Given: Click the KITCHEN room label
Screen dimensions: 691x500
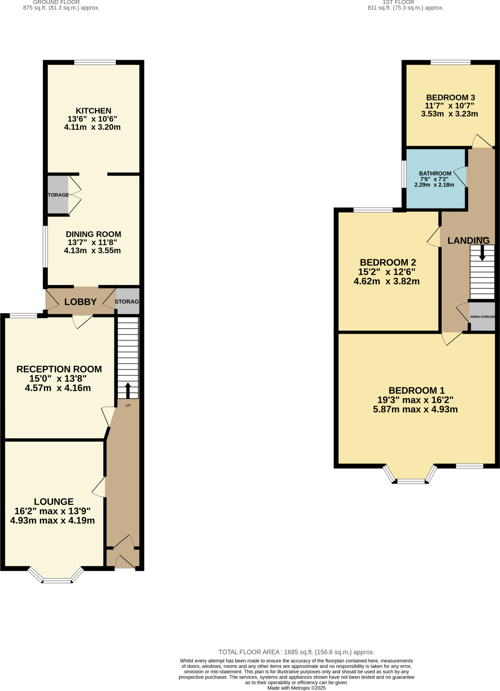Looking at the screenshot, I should [93, 111].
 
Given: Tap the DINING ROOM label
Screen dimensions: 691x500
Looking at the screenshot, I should [93, 234].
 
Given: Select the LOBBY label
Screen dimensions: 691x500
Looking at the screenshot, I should [81, 302].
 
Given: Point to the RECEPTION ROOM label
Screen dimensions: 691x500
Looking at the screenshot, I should [59, 369].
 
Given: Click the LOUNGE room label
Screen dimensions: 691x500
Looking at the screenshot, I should [54, 502].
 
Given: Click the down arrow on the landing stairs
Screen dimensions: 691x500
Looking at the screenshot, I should [482, 253].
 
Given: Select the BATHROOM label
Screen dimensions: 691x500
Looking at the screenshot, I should [435, 173].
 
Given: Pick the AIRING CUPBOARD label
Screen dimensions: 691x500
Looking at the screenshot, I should [482, 317].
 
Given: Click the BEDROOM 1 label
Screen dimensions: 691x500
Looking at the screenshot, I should [417, 390].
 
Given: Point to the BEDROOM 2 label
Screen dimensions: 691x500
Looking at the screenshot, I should [388, 262].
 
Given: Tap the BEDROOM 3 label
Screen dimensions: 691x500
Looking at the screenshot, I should [450, 98].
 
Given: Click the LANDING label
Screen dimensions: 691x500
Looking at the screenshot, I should [468, 241].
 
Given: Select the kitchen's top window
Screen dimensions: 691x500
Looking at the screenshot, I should [95, 62].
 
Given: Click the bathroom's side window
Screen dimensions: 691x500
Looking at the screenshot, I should [404, 174].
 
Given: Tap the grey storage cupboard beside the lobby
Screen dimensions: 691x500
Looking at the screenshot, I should [128, 301].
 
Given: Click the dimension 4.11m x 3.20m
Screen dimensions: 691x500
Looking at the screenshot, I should [92, 127].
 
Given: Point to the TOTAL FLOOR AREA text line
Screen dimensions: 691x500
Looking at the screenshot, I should [296, 652].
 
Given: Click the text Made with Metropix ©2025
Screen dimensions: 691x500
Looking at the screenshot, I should [296, 688].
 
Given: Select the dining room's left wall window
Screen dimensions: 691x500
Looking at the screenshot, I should [45, 246].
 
